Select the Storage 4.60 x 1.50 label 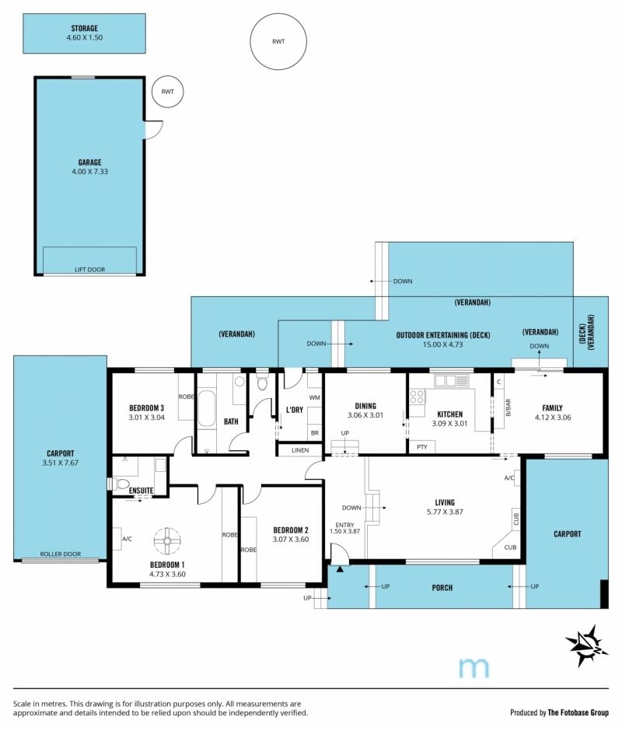[85, 33]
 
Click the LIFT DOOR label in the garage [90, 270]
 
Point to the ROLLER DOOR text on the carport [61, 554]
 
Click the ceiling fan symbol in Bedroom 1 [167, 540]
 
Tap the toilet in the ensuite [121, 484]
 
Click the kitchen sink [452, 381]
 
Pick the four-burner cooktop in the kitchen [417, 397]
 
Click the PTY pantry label [422, 446]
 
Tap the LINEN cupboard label [300, 450]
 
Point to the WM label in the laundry [315, 397]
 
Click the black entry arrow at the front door [340, 568]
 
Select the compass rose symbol [586, 645]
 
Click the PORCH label [442, 587]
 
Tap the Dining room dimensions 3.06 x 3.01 [365, 415]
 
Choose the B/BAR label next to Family [508, 407]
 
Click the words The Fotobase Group [578, 712]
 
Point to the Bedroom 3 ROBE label [187, 397]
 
